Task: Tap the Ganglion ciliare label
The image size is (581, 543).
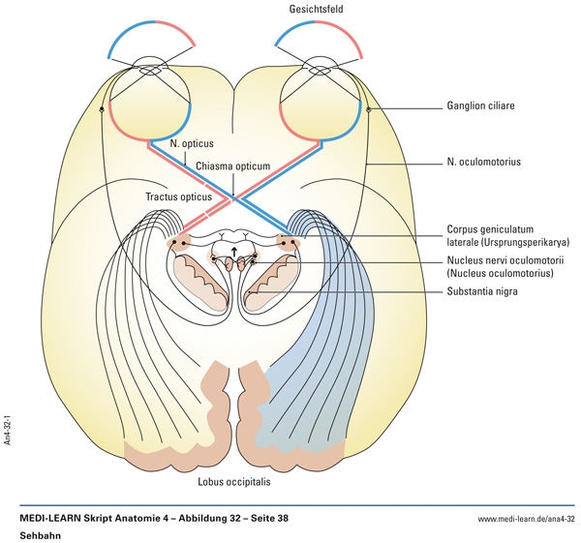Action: pyautogui.click(x=484, y=107)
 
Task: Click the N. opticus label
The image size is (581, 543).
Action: pyautogui.click(x=191, y=143)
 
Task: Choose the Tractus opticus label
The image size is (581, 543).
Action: pyautogui.click(x=177, y=197)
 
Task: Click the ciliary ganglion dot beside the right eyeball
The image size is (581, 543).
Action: pyautogui.click(x=368, y=109)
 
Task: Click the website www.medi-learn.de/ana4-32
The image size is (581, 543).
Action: pyautogui.click(x=527, y=520)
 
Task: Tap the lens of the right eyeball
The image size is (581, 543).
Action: pyautogui.click(x=320, y=69)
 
